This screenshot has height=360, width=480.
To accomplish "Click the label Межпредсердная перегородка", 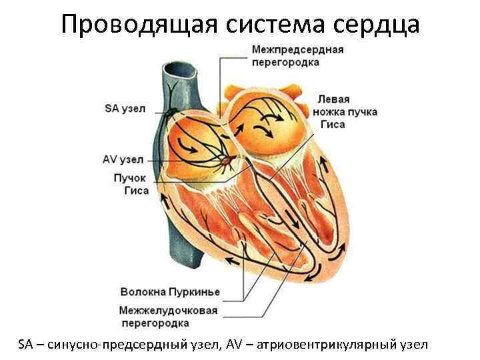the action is click(297, 56).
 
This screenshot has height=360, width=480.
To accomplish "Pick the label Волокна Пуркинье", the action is click(170, 292).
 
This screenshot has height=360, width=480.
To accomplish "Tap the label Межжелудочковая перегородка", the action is click(169, 317).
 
